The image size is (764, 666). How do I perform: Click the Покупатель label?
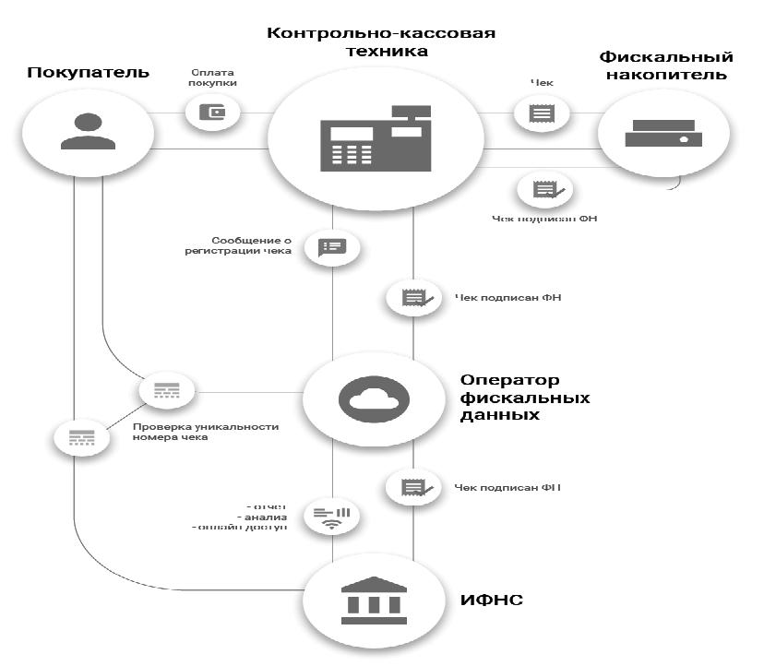coord(89,71)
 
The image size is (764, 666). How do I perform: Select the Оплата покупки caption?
coord(214,77)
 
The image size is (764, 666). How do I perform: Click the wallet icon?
coord(213,113)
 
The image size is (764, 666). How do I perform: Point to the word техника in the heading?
coord(381,53)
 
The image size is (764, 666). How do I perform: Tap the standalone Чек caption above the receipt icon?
coord(542,81)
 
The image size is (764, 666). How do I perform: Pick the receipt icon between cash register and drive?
coord(542,113)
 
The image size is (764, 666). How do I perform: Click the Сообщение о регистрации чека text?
coord(250,244)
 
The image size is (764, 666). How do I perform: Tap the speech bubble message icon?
coord(332,246)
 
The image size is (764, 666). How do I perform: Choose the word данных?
coord(499,416)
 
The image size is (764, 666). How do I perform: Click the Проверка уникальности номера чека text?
coord(205,432)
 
